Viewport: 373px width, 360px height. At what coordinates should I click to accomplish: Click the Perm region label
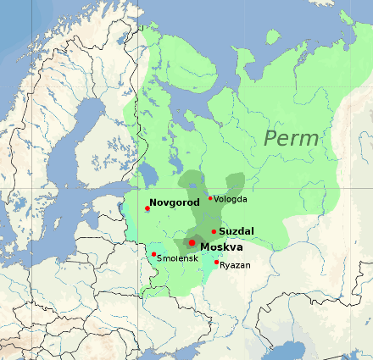pos(291,137)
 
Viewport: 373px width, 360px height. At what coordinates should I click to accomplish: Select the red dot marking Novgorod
pos(148,208)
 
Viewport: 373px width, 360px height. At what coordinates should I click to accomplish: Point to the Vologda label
pos(231,199)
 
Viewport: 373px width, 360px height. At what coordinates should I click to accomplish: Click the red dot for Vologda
pos(210,198)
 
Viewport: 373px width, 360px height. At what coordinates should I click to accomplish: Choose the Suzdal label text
pos(237,231)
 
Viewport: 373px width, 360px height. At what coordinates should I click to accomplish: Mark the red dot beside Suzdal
pos(214,231)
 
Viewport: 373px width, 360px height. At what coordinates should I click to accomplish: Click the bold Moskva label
pos(221,246)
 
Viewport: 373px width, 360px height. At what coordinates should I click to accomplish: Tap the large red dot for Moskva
pos(192,243)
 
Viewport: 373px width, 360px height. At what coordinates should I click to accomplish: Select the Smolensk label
pos(178,257)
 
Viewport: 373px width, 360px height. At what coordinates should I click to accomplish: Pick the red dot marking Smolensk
pos(153,253)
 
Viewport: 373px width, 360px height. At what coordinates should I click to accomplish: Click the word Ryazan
pos(235,265)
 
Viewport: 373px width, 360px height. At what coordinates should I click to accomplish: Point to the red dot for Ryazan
pos(216,262)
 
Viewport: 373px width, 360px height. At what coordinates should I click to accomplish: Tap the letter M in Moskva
pos(205,246)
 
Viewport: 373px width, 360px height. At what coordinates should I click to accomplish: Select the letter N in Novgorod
pos(153,203)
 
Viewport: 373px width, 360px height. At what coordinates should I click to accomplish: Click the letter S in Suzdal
pos(222,231)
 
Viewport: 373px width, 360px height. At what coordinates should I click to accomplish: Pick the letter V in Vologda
pos(217,199)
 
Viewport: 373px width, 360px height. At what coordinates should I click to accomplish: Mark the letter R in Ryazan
pos(222,265)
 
